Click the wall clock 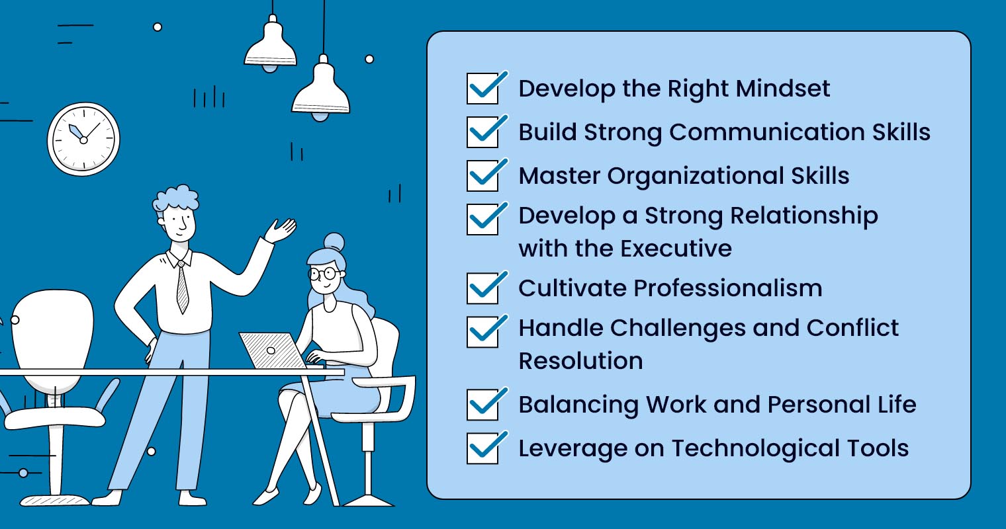[x=83, y=139]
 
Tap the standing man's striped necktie [x=182, y=286]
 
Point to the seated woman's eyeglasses [x=325, y=273]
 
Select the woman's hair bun [x=334, y=242]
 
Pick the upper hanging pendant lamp [x=270, y=45]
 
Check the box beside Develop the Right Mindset [x=482, y=89]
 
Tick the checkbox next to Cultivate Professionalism [x=482, y=288]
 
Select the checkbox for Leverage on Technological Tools [x=482, y=448]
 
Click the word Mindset [x=783, y=89]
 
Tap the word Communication [x=767, y=132]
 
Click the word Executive [x=675, y=249]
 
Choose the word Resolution [x=580, y=361]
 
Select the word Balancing [x=578, y=405]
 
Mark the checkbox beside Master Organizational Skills [x=482, y=176]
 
